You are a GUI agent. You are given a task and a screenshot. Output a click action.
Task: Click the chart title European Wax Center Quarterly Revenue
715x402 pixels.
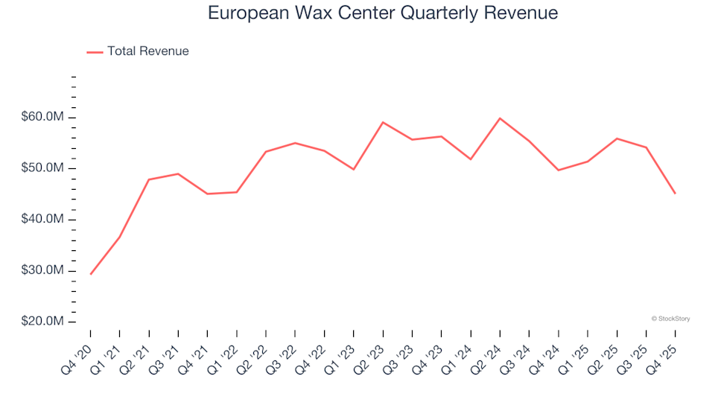383,13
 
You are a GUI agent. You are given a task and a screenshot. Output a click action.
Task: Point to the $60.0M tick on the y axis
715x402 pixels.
44,118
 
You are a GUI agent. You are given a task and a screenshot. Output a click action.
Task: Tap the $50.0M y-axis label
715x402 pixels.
44,168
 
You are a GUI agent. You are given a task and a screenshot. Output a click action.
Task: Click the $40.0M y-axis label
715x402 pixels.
44,220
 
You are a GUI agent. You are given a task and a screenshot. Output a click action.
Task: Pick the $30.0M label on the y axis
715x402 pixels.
44,270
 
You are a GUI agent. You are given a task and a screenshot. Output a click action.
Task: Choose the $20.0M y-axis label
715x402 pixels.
44,322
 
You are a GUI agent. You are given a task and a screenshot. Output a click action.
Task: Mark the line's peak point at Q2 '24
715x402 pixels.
500,118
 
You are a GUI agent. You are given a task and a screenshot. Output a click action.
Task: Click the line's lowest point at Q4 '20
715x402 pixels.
91,274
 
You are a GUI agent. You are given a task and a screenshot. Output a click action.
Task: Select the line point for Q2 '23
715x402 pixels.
383,122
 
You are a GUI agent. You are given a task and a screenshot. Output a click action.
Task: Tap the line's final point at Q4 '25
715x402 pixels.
675,194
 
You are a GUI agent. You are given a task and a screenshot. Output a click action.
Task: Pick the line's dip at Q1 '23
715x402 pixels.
353,170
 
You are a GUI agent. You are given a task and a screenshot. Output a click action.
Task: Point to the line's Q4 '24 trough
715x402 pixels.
558,170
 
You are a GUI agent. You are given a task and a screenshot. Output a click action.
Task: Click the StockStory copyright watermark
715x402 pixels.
670,319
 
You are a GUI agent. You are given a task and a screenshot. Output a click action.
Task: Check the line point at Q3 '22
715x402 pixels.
295,143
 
